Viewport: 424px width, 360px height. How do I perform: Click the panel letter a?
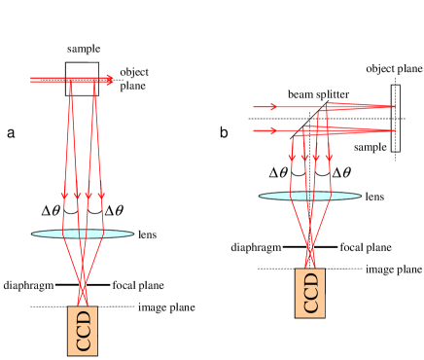point(11,131)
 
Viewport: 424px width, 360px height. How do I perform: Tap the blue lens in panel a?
point(83,234)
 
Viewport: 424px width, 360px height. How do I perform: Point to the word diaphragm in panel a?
point(25,285)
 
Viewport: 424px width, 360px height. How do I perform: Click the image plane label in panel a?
point(140,307)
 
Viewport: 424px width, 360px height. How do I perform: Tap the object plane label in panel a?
point(134,78)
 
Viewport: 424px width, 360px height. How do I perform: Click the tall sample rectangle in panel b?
point(395,118)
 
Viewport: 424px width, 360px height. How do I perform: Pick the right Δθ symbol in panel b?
point(341,173)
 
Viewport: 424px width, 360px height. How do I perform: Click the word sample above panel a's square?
point(83,48)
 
